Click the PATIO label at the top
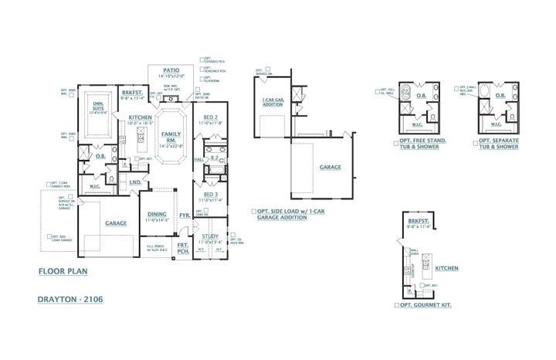pyautogui.click(x=171, y=70)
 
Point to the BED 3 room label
pyautogui.click(x=210, y=194)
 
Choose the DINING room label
pyautogui.click(x=158, y=215)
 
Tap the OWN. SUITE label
pyautogui.click(x=99, y=105)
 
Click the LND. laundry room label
pyautogui.click(x=134, y=182)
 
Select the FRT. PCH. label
pyautogui.click(x=184, y=248)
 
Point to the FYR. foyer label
pyautogui.click(x=185, y=216)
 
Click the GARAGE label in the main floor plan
pyautogui.click(x=116, y=223)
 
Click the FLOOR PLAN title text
pyautogui.click(x=63, y=272)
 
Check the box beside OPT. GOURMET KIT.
pyautogui.click(x=395, y=306)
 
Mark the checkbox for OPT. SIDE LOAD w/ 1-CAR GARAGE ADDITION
pyautogui.click(x=253, y=211)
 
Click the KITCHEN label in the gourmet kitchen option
pyautogui.click(x=446, y=269)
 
